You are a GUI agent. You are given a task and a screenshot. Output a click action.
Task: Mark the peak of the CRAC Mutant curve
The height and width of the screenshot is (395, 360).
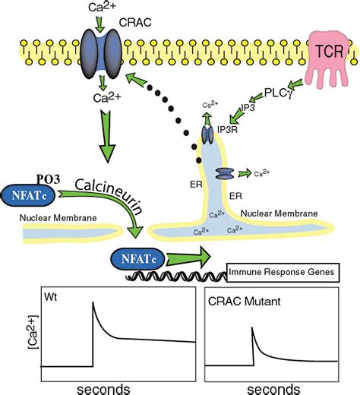tap(251, 328)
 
